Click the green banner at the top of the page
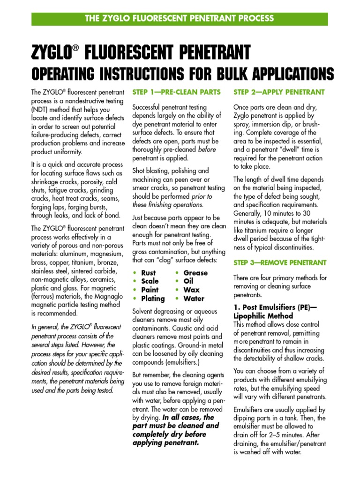coord(180,19)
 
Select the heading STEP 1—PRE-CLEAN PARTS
coord(176,92)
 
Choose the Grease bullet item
coord(195,273)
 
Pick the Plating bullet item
coord(153,299)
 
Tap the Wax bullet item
coord(191,290)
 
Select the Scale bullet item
coord(150,281)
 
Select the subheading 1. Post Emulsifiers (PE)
coord(273,307)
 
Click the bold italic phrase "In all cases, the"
coord(188,417)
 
